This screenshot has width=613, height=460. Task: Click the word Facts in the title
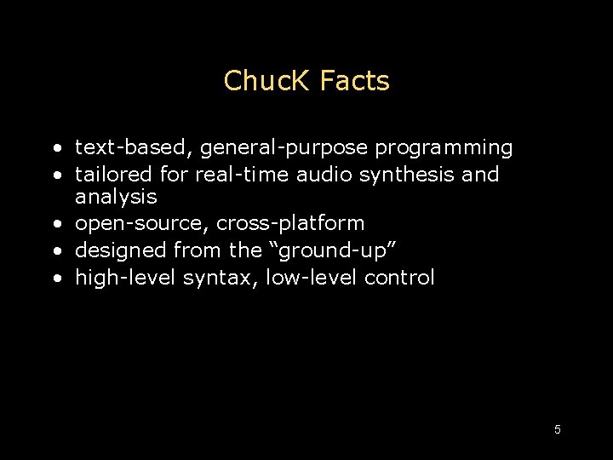click(355, 81)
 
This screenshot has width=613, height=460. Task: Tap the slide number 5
click(558, 429)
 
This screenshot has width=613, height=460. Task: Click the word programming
click(444, 148)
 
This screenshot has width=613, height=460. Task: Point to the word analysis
click(116, 197)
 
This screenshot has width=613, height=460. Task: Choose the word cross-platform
click(290, 224)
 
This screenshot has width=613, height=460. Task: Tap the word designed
click(121, 251)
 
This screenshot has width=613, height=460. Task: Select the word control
click(399, 278)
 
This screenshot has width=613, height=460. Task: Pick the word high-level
click(126, 278)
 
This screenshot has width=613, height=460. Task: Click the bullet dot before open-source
click(54, 224)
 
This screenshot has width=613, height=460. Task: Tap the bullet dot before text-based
click(54, 148)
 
